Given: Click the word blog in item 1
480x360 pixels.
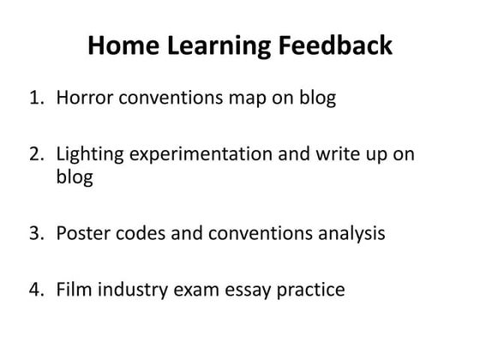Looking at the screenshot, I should (x=313, y=98).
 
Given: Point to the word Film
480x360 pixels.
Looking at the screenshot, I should (x=73, y=290).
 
